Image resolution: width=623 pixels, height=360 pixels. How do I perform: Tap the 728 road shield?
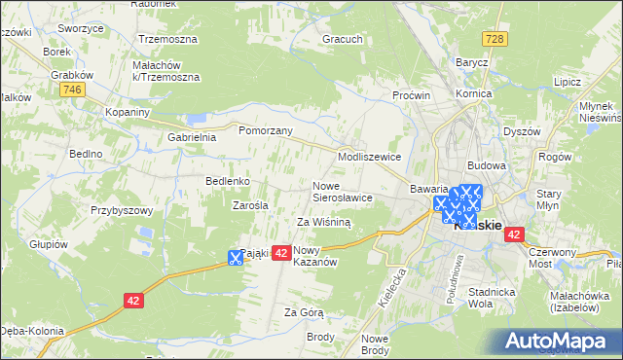495,38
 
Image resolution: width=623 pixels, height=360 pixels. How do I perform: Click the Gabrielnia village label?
191,137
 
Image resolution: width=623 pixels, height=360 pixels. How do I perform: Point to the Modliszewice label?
369,156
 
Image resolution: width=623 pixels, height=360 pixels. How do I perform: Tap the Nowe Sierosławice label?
342,191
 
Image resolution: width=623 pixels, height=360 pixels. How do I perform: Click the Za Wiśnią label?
323,222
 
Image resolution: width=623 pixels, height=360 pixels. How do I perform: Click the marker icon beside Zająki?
235,258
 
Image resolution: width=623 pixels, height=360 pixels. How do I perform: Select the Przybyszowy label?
123,210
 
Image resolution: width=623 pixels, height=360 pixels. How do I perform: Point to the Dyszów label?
522,131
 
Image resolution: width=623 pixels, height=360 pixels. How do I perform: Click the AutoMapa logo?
559,341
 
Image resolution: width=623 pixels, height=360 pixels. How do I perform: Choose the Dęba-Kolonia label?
31,330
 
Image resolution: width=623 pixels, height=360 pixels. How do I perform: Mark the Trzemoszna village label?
167,40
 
